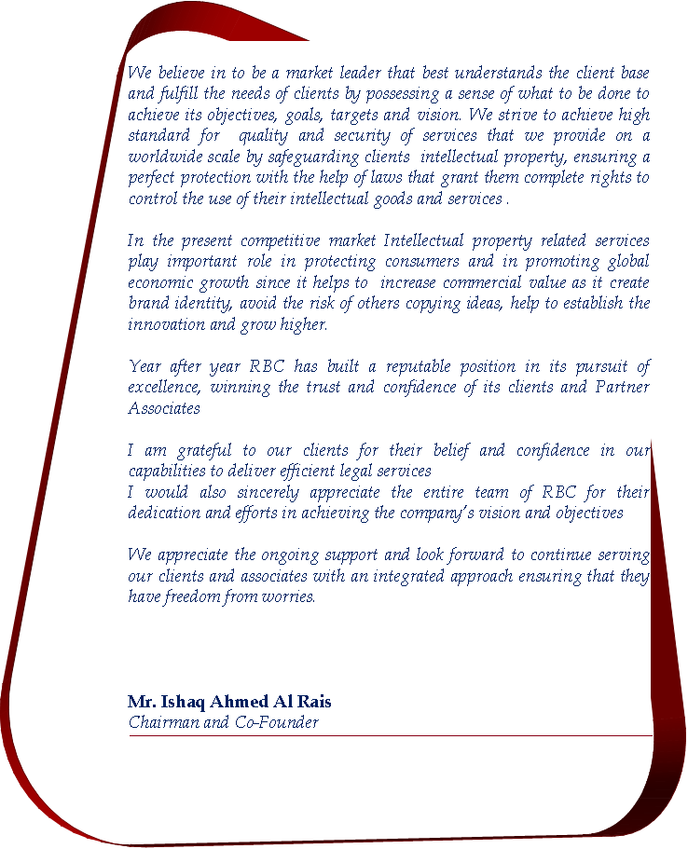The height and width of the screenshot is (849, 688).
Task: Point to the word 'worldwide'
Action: (x=163, y=157)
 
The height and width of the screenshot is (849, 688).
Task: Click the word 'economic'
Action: (x=160, y=282)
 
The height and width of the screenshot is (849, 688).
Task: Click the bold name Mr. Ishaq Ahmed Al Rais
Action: (x=229, y=702)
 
